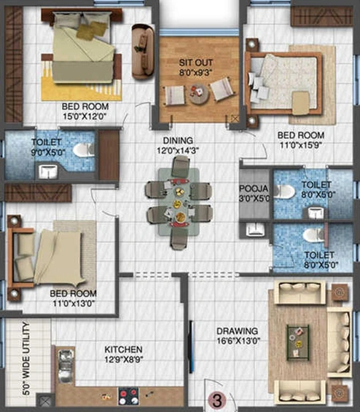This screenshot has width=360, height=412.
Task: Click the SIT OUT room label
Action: [x=195, y=63]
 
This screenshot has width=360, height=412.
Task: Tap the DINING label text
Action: [x=178, y=140]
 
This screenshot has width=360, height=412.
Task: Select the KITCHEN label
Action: [x=124, y=349]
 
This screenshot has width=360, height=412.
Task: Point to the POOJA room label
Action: [x=253, y=189]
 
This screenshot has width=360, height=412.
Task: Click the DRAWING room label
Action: [x=237, y=331]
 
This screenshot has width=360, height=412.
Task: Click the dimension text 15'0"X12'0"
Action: [x=85, y=116]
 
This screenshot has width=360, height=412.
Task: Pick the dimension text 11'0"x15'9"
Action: [x=301, y=145]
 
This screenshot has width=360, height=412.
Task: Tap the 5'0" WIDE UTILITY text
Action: [x=26, y=359]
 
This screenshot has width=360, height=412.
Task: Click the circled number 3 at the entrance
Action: [x=217, y=400]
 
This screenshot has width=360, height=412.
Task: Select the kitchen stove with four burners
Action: [x=128, y=396]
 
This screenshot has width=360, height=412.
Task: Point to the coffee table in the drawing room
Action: [x=297, y=342]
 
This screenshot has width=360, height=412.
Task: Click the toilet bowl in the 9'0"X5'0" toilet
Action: [x=82, y=150]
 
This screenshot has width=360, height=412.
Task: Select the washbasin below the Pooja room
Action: [x=255, y=229]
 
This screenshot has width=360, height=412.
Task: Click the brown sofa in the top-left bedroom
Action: [x=143, y=52]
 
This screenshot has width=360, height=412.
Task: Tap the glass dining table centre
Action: [x=179, y=202]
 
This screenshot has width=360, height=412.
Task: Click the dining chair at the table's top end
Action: [x=181, y=166]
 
